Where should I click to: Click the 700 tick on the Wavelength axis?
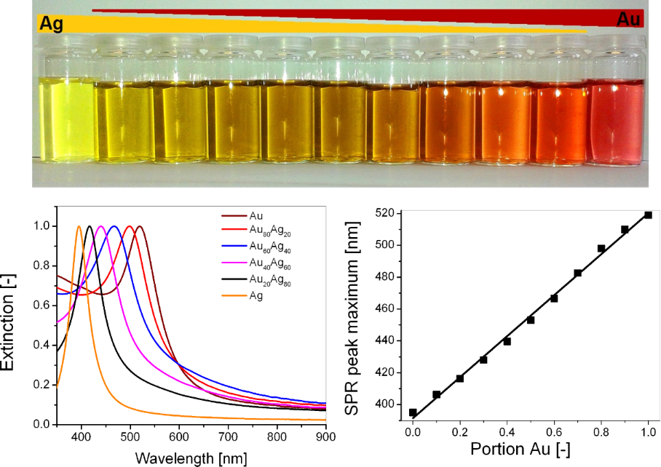227,437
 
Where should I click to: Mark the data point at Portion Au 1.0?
648,215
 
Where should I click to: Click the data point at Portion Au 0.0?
413,412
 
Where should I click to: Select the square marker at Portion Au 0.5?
531,320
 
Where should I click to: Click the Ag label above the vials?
50,24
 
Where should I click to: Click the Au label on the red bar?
628,20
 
